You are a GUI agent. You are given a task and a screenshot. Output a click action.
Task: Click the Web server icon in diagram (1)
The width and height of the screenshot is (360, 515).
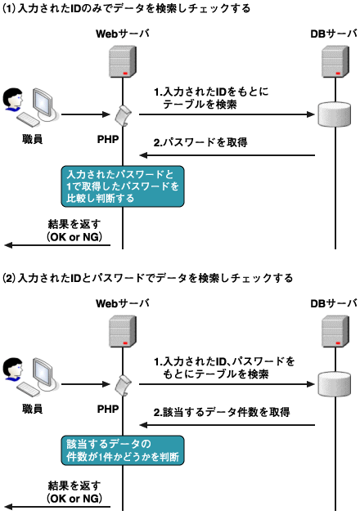123,64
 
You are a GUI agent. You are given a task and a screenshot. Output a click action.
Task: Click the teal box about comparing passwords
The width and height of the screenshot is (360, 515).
123,186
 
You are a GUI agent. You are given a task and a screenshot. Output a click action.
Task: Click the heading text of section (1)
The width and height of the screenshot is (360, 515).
127,7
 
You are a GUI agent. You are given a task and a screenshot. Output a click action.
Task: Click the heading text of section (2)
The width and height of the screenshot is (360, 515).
147,278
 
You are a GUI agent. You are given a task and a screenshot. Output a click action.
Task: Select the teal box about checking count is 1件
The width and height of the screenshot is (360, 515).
123,450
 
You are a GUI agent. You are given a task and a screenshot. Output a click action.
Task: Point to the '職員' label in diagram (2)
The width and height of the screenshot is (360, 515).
33,408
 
